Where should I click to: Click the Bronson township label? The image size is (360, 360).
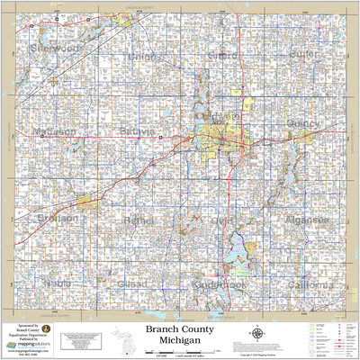point(55,218)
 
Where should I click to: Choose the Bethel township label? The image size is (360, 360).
point(139,220)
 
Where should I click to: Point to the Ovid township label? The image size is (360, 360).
point(221,220)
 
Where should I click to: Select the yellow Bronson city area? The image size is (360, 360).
point(85,202)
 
